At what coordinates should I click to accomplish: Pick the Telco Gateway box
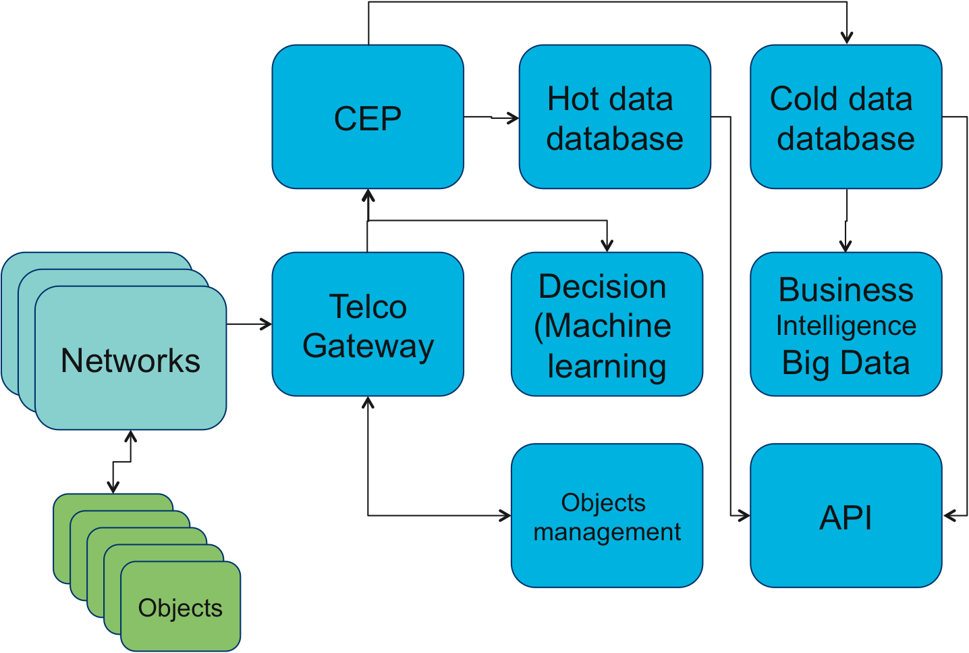pos(368,324)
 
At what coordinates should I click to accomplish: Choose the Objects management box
pos(607,516)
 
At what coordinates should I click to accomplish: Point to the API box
pos(846,516)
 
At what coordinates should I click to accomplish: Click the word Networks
pos(130,361)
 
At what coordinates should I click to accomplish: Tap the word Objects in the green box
pos(180,608)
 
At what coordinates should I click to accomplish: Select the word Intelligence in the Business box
pos(846,325)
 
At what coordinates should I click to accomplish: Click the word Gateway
pos(368,346)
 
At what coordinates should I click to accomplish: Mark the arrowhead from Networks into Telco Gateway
pos(267,325)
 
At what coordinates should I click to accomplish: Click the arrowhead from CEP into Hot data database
pos(514,118)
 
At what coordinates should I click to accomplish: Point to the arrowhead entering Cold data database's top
pos(847,38)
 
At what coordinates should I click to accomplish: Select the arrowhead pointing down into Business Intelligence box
pos(846,246)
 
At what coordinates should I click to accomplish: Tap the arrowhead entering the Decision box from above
pos(607,246)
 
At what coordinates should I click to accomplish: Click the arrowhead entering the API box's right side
pos(949,516)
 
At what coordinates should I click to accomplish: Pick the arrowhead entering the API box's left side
pos(744,516)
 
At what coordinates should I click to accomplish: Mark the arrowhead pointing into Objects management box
pos(505,516)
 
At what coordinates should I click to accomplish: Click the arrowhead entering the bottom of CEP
pos(368,195)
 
